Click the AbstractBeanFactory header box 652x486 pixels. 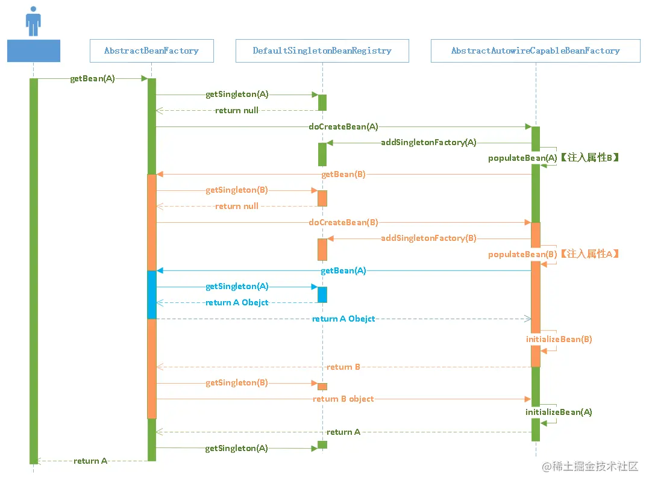tap(152, 51)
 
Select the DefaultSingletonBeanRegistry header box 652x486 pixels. tap(322, 51)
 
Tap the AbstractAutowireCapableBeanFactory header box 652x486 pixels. tap(536, 51)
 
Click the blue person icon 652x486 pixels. tap(33, 21)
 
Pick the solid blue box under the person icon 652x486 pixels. tap(34, 51)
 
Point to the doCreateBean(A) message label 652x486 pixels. tap(343, 126)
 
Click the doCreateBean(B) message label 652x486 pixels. tap(343, 222)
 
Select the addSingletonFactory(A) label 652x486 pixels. tap(428, 142)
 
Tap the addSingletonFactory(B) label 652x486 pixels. tap(428, 238)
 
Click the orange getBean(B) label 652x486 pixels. tap(343, 174)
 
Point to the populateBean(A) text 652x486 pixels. tap(522, 158)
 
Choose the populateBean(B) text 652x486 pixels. tap(522, 254)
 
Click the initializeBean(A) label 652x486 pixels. tap(559, 412)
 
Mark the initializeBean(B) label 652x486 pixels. tap(559, 339)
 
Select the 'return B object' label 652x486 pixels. tap(343, 399)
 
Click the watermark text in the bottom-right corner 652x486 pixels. tap(590, 467)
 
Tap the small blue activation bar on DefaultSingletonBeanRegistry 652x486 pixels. tap(322, 294)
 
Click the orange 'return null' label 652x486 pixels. tap(237, 206)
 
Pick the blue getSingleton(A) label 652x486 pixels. tap(237, 286)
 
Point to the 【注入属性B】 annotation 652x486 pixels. tap(589, 158)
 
